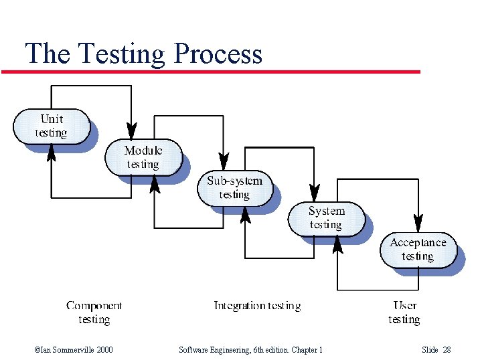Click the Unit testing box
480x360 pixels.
[x=52, y=126]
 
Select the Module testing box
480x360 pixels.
[x=143, y=157]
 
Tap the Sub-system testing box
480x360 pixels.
[x=234, y=187]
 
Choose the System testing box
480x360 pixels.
[x=326, y=218]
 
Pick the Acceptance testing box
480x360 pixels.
[x=418, y=250]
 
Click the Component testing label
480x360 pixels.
[x=94, y=312]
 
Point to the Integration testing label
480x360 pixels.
[x=257, y=306]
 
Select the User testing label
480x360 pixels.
[x=404, y=312]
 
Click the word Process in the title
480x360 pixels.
[x=217, y=54]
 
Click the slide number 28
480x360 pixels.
[x=447, y=350]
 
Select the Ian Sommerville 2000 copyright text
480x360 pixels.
[x=74, y=350]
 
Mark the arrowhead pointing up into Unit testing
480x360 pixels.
[x=52, y=153]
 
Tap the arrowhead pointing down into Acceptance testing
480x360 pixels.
[x=418, y=222]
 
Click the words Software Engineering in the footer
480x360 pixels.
[x=210, y=350]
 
